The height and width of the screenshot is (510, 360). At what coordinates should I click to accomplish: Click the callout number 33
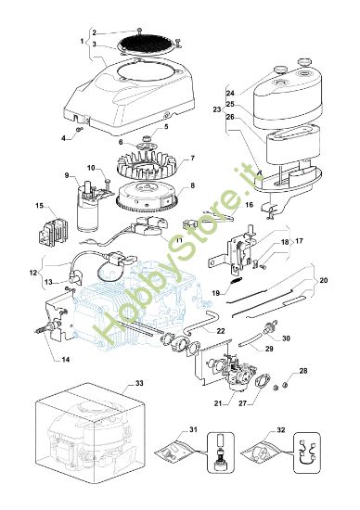139,383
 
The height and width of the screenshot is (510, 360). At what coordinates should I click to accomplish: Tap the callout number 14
66,360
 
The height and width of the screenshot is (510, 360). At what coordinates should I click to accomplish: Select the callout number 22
221,331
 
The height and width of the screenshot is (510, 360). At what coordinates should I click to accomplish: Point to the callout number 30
286,338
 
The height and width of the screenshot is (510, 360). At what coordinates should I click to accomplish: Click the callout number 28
303,371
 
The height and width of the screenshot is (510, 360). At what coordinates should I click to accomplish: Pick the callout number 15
39,206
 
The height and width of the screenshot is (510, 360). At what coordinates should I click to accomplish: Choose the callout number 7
193,158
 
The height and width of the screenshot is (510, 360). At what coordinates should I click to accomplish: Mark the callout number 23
217,109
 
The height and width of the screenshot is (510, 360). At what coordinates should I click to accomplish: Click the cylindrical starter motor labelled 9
88,208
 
